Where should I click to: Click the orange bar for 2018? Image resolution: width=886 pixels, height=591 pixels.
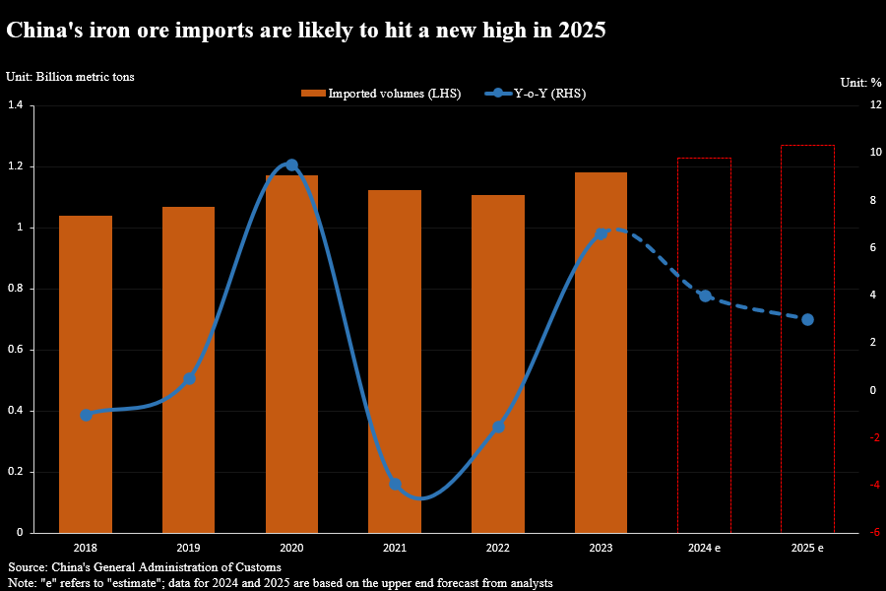coord(86,374)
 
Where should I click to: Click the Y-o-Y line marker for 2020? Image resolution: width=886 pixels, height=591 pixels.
coord(291,165)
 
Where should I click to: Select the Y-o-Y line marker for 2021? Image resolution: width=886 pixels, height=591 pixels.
coord(396,485)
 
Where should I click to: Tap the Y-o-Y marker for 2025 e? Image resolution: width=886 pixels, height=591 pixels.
coord(807,319)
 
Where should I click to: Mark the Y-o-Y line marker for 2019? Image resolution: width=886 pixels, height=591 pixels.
coord(189,378)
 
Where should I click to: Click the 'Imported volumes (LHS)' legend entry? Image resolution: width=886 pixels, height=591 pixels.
coord(381,94)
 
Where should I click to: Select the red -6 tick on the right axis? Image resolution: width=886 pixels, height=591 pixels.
coord(846,533)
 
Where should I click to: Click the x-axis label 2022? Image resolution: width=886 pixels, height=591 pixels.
coord(498,548)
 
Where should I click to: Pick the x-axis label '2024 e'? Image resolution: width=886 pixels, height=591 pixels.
coord(705,548)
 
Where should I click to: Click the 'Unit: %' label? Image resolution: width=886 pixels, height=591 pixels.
coord(858,82)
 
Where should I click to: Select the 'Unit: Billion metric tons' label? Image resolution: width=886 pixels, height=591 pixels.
coord(70,76)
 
